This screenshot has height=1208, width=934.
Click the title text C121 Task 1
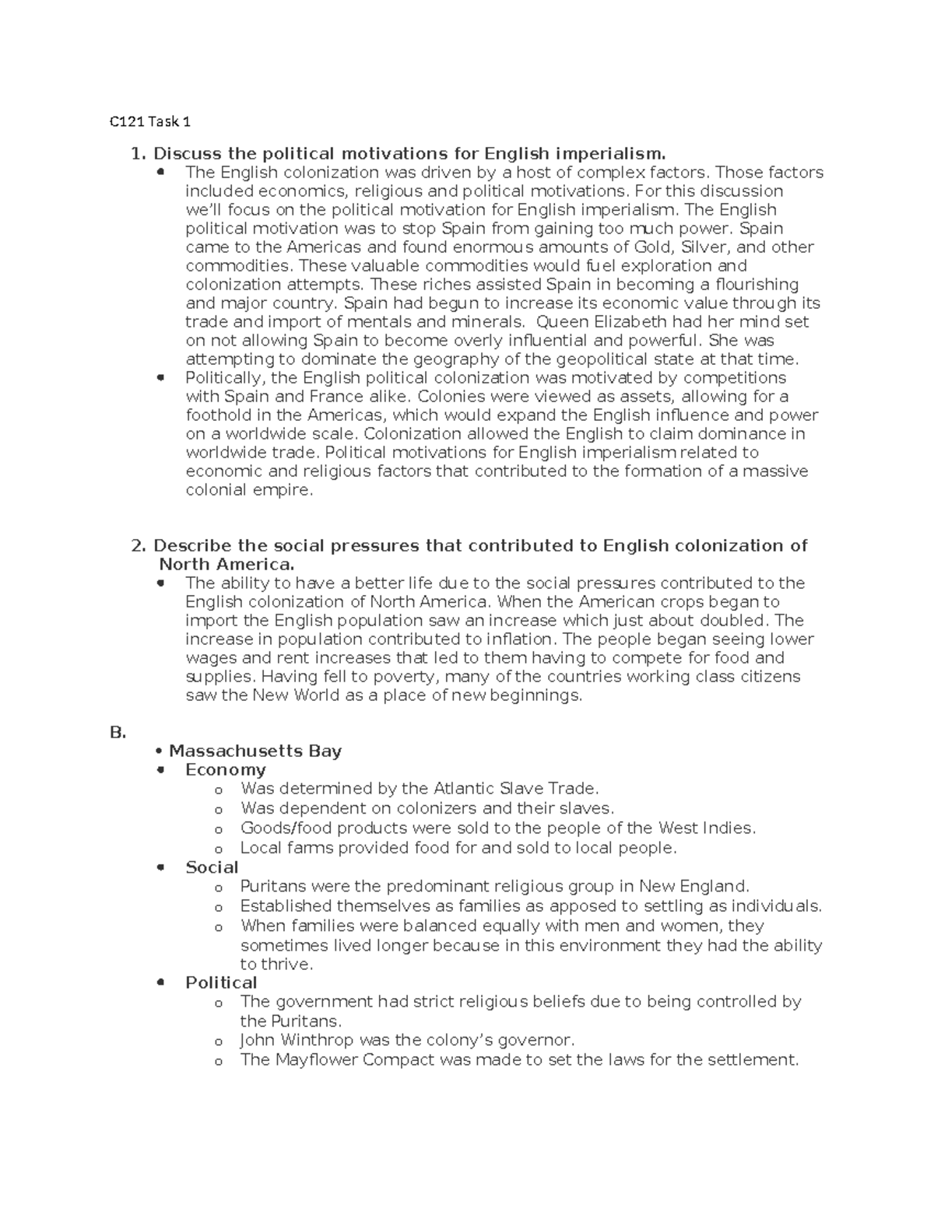tap(149, 121)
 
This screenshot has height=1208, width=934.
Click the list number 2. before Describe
tap(139, 546)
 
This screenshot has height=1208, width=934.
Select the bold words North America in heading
tap(226, 565)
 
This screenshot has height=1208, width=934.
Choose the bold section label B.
tap(118, 733)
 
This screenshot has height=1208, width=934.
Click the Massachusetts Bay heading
tap(255, 751)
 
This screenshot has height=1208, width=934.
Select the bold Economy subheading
tap(226, 770)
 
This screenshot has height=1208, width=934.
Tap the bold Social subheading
tap(212, 867)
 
